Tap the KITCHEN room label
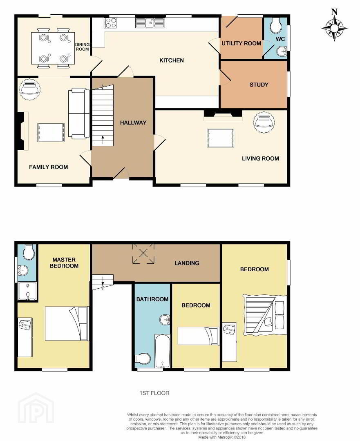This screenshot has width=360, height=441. click(171, 60)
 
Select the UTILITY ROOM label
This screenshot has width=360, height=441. click(241, 43)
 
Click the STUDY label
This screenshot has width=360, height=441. click(259, 85)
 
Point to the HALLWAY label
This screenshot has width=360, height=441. click(133, 122)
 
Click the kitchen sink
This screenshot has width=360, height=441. click(150, 23)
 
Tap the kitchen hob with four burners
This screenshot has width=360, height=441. click(110, 23)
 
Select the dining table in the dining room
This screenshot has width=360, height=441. click(53, 48)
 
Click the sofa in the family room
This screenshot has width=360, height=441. click(79, 114)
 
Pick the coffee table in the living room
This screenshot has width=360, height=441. click(220, 138)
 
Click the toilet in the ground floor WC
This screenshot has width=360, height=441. click(275, 26)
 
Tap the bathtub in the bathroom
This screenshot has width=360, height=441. click(162, 351)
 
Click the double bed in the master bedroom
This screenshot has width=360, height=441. click(67, 323)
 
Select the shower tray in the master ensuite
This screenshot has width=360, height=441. click(27, 292)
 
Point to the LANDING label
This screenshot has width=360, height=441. click(187, 263)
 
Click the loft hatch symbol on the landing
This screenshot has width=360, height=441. click(143, 254)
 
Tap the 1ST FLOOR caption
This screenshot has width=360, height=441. click(154, 393)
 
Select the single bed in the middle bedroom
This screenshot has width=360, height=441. click(199, 336)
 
